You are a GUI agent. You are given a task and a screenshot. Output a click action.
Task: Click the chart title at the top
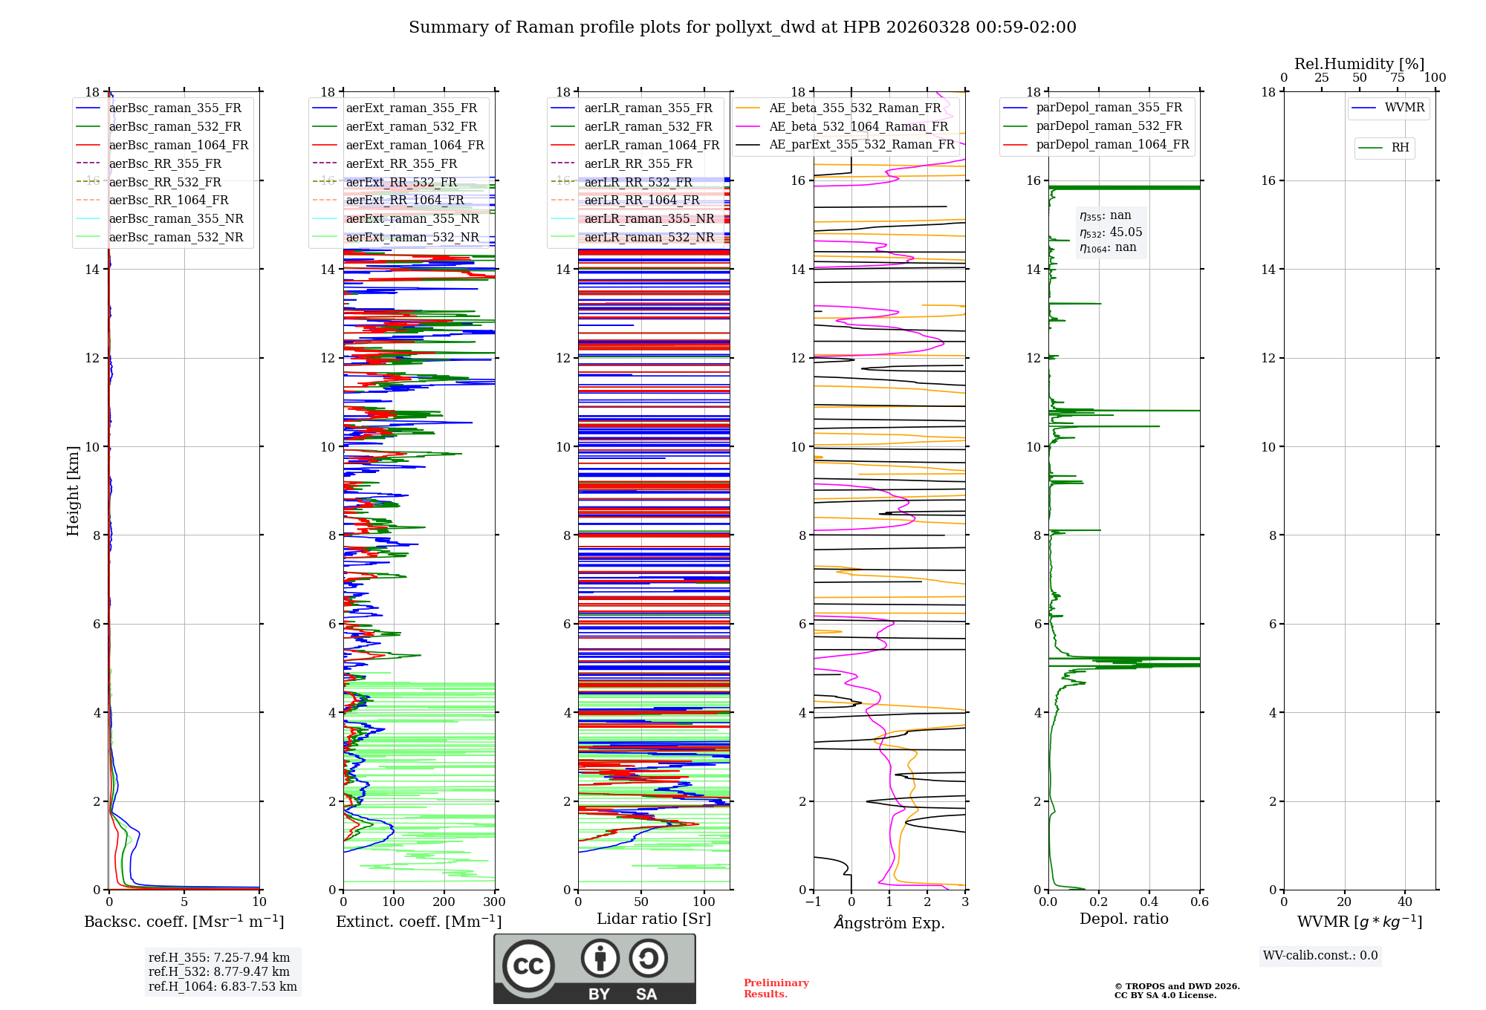pyautogui.click(x=742, y=27)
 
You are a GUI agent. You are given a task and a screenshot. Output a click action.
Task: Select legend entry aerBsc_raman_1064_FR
pyautogui.click(x=178, y=145)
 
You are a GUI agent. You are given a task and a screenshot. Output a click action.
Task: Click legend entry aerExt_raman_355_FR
pyautogui.click(x=411, y=108)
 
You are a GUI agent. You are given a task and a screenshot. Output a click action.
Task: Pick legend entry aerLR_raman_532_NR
pyautogui.click(x=649, y=238)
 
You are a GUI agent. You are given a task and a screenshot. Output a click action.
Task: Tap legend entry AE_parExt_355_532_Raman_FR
pyautogui.click(x=861, y=145)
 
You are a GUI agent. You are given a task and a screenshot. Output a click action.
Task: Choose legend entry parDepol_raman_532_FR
pyautogui.click(x=1109, y=126)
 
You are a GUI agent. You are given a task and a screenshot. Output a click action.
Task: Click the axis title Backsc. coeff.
pyautogui.click(x=184, y=922)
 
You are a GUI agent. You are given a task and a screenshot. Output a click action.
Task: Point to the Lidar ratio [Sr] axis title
pyautogui.click(x=653, y=919)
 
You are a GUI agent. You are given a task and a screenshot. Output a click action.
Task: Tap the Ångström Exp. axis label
pyautogui.click(x=889, y=923)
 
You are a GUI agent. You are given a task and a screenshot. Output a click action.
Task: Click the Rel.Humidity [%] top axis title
pyautogui.click(x=1359, y=64)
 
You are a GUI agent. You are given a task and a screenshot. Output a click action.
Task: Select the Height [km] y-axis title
pyautogui.click(x=73, y=490)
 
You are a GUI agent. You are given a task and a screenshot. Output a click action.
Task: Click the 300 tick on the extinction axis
pyautogui.click(x=494, y=902)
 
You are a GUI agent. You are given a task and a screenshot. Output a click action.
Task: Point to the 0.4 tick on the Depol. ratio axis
pyautogui.click(x=1149, y=902)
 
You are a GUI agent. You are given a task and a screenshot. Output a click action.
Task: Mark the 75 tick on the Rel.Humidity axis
pyautogui.click(x=1397, y=78)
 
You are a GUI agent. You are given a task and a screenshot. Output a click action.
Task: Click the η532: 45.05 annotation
pyautogui.click(x=1111, y=232)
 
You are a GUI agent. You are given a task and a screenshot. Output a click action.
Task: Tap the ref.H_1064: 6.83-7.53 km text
pyautogui.click(x=222, y=986)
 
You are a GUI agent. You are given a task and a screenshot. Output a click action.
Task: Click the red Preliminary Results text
pyautogui.click(x=776, y=988)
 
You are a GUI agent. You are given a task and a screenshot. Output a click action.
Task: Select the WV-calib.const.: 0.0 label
pyautogui.click(x=1320, y=956)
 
